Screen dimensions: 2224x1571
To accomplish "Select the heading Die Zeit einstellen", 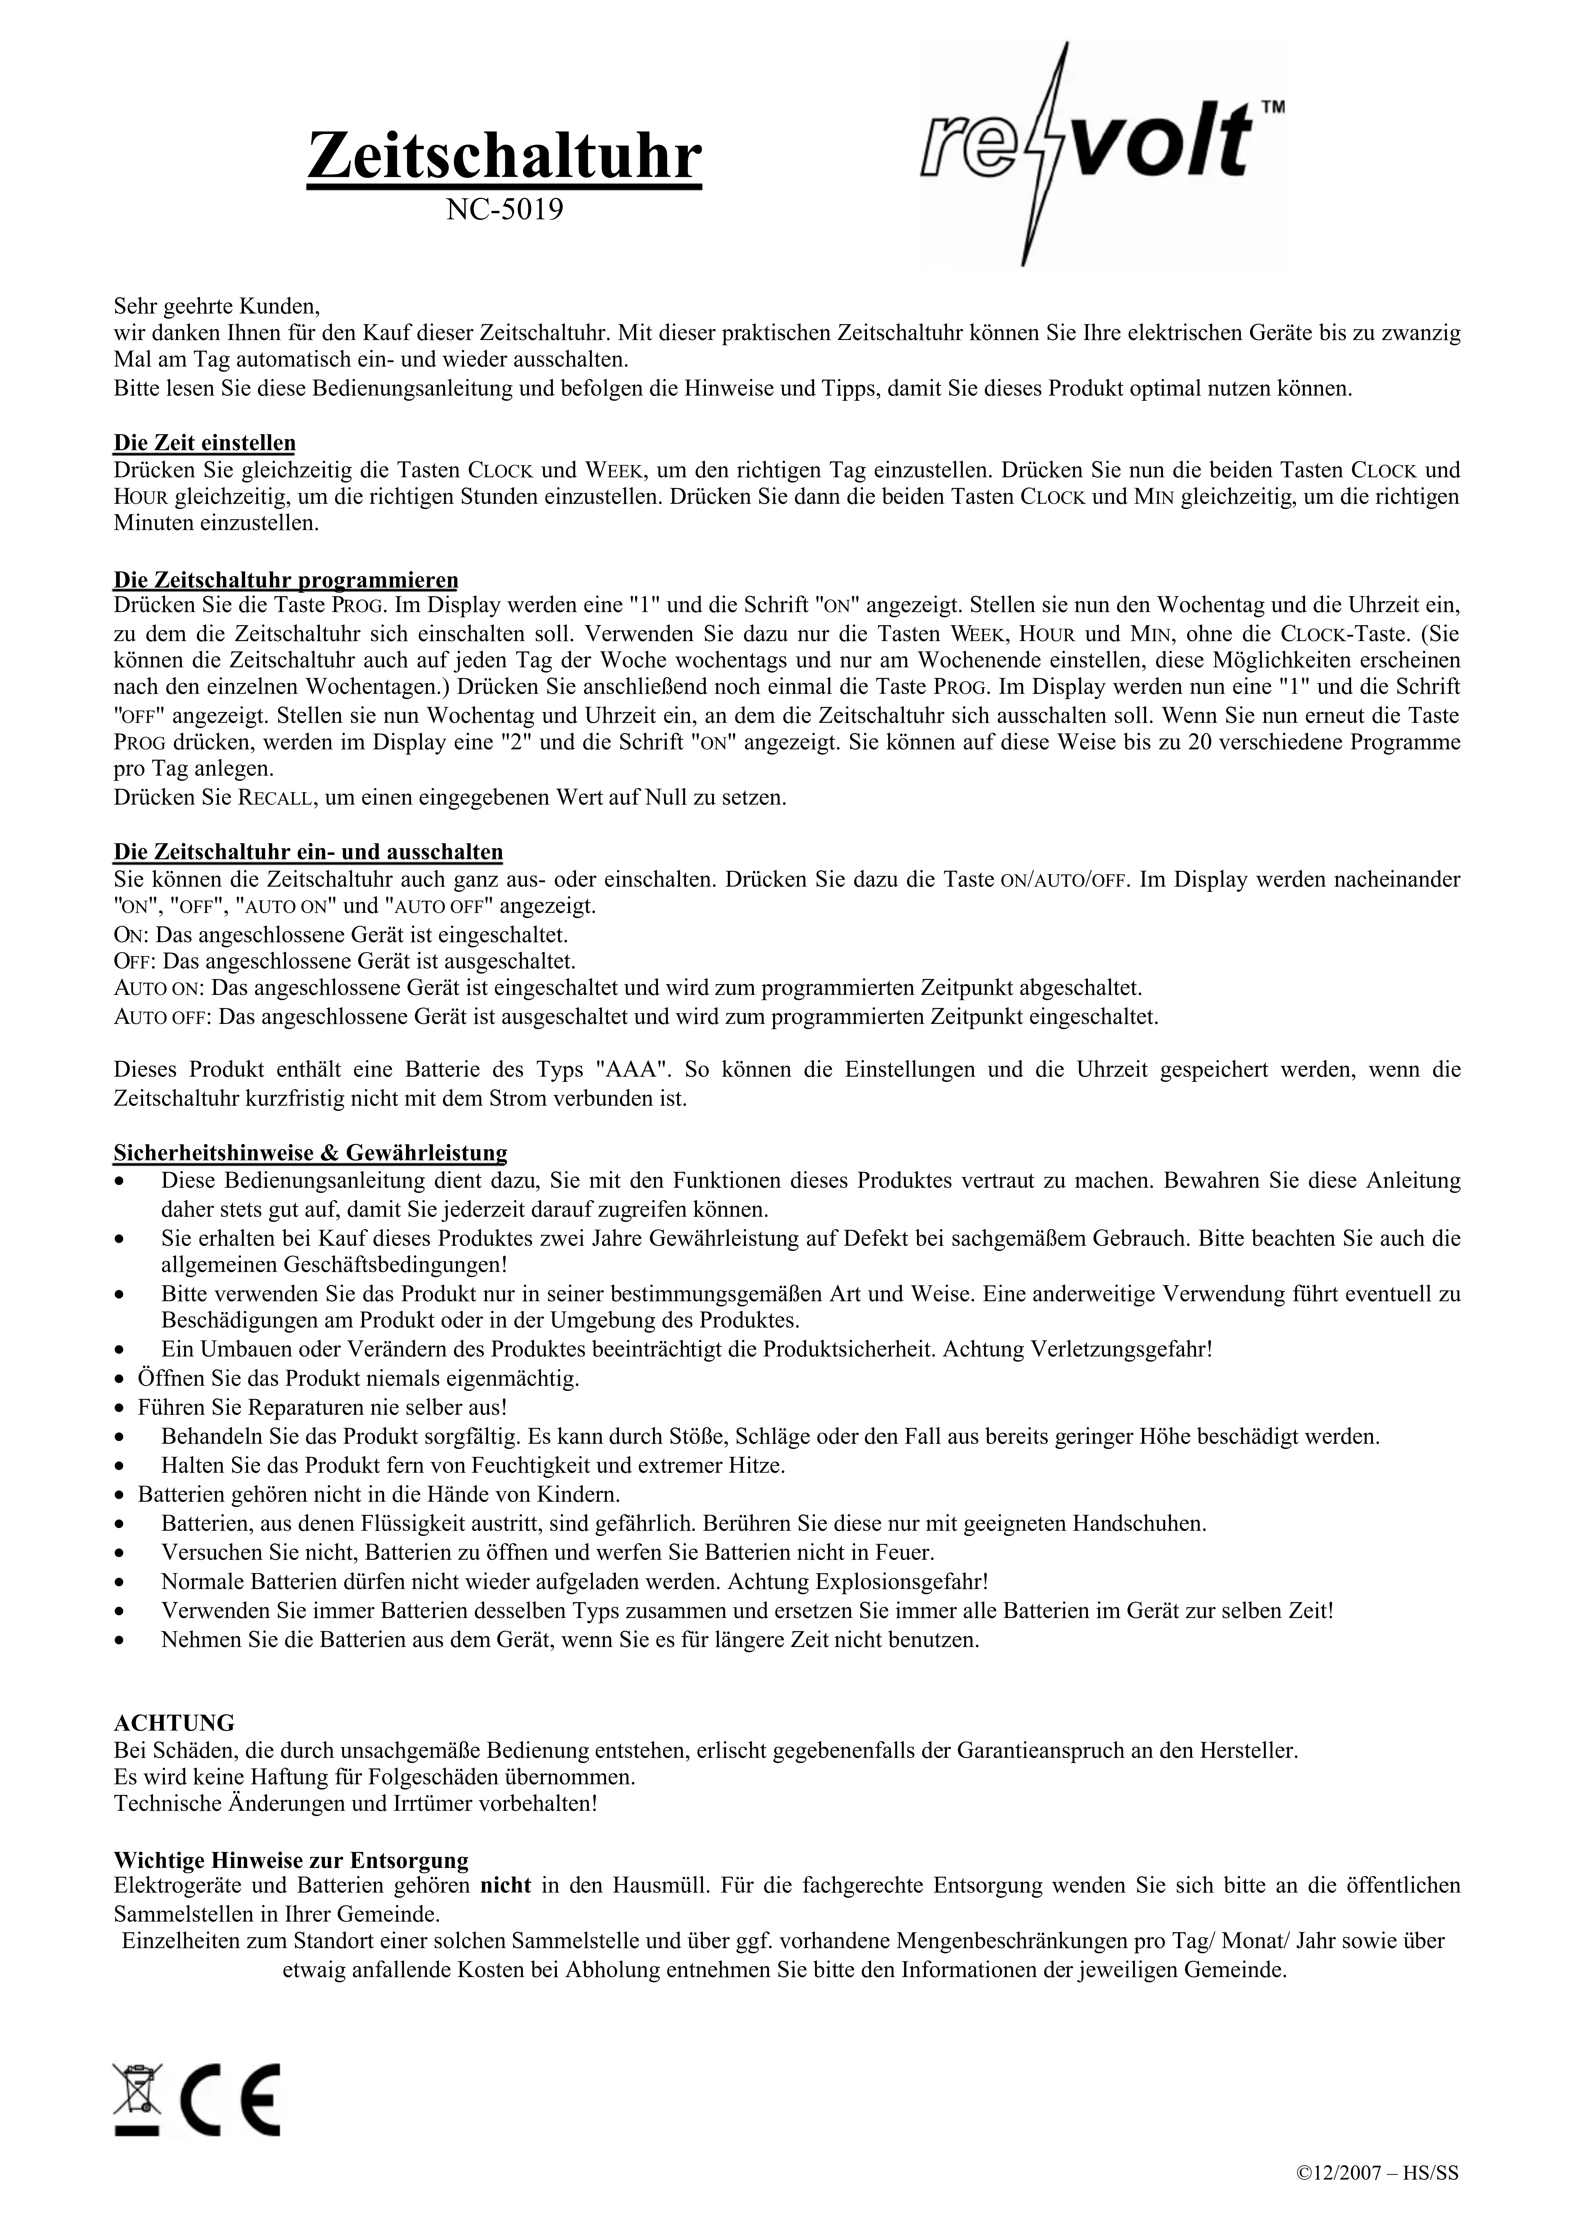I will [x=204, y=444].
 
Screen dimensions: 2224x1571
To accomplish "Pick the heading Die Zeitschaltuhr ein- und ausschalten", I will [x=308, y=852].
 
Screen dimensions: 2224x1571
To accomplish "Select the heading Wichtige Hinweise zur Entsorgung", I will [x=291, y=1860].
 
